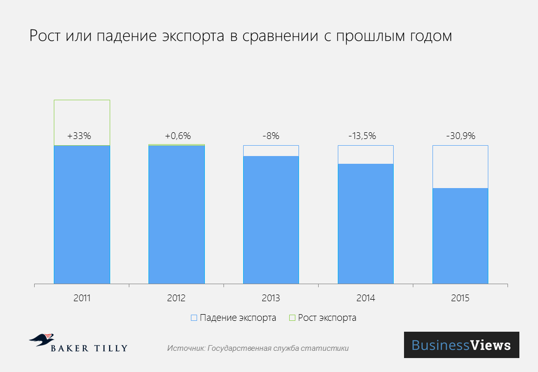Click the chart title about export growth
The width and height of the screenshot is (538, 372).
click(x=241, y=37)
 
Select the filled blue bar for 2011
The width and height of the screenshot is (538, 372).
click(x=82, y=214)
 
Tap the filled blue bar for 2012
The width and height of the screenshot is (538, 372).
click(x=176, y=214)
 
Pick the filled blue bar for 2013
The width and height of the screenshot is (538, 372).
click(x=271, y=220)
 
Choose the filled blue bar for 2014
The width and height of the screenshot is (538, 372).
click(x=366, y=224)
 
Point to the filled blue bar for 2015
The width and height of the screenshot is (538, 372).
click(x=460, y=236)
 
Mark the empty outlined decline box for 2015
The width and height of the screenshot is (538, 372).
click(x=460, y=166)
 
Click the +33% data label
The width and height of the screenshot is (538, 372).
click(x=79, y=136)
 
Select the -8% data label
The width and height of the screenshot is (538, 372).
click(x=271, y=136)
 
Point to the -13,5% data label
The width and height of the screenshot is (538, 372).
click(x=362, y=136)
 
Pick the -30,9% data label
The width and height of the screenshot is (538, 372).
click(x=460, y=136)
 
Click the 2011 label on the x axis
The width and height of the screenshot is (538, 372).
click(x=82, y=298)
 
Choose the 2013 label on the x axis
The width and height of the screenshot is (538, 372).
click(x=271, y=298)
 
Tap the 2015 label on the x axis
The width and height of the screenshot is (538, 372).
click(x=460, y=298)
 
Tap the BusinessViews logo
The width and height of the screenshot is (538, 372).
click(x=461, y=345)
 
